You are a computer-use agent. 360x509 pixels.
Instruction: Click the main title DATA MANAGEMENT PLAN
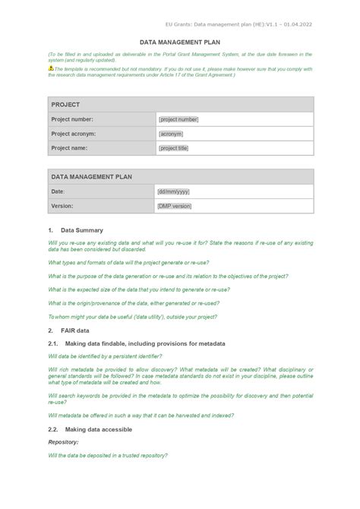tap(179, 43)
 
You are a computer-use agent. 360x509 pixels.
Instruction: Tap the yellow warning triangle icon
tap(51, 68)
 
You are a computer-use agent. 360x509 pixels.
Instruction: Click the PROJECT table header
tap(65, 104)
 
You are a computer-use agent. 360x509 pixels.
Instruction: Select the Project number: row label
tap(72, 119)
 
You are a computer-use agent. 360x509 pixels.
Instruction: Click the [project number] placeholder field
tap(178, 119)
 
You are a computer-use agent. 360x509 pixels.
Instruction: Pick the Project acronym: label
tap(74, 134)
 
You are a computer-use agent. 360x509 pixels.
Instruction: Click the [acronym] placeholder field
tap(171, 134)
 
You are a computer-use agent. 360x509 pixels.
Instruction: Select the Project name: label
tap(69, 148)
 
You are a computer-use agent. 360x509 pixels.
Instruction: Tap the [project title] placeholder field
tap(173, 148)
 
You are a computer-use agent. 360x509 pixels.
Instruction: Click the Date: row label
tap(58, 191)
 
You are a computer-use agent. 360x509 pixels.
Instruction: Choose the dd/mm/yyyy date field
tap(173, 191)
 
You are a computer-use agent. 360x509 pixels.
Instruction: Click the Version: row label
tap(62, 206)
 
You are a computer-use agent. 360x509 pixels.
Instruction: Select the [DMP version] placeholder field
tap(175, 206)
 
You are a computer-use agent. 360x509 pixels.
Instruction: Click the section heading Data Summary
tap(82, 229)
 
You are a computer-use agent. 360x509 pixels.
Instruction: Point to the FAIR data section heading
tap(75, 330)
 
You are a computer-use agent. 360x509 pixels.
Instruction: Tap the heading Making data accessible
tap(99, 429)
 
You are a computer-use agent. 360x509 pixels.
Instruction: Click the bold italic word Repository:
tap(64, 441)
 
